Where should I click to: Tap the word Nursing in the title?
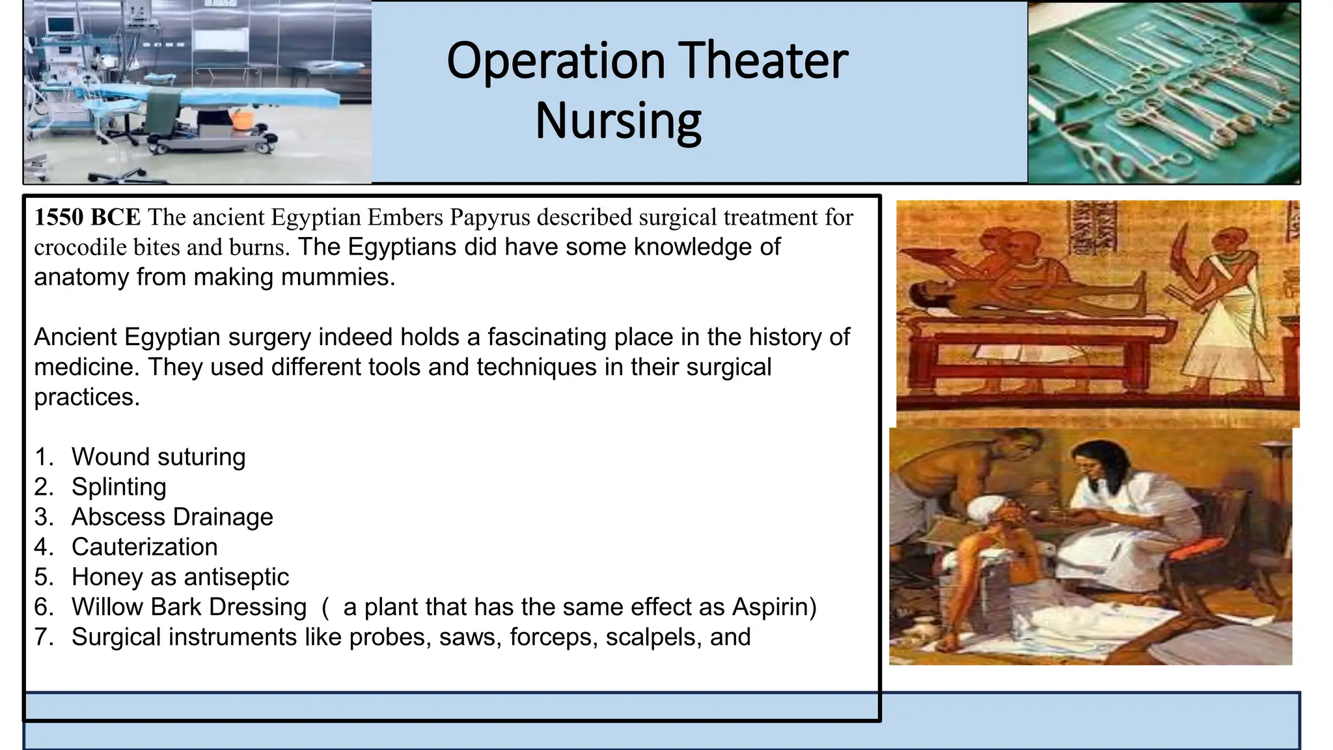pos(618,121)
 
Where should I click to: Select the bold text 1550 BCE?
pos(87,217)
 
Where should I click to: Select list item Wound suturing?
pos(158,457)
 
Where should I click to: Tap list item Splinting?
pos(118,487)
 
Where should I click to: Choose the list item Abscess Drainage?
pos(172,517)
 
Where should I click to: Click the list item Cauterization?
pos(144,547)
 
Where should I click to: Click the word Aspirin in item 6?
pos(770,607)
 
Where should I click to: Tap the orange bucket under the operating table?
pos(242,119)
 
